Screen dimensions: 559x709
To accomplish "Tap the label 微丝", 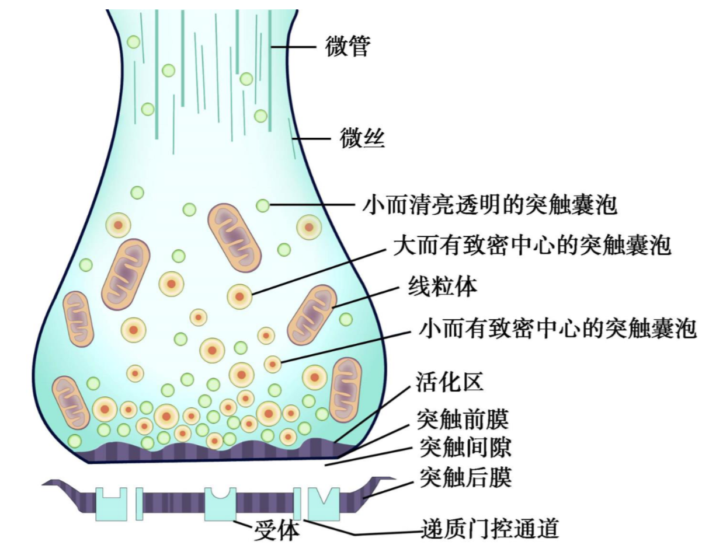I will click(362, 139).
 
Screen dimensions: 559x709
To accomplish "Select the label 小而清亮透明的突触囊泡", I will click(490, 205).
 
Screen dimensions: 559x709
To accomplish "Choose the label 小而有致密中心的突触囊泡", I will click(558, 328).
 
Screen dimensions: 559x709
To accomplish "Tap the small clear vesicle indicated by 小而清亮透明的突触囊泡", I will click(263, 205).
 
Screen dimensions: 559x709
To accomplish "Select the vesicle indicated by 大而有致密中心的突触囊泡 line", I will click(239, 296).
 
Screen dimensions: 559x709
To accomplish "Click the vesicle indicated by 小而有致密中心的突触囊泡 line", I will click(273, 364).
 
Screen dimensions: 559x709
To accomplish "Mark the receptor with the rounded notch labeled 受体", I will click(220, 504).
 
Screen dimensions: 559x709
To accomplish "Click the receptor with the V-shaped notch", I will click(324, 504).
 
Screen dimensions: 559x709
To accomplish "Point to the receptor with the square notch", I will click(111, 504).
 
